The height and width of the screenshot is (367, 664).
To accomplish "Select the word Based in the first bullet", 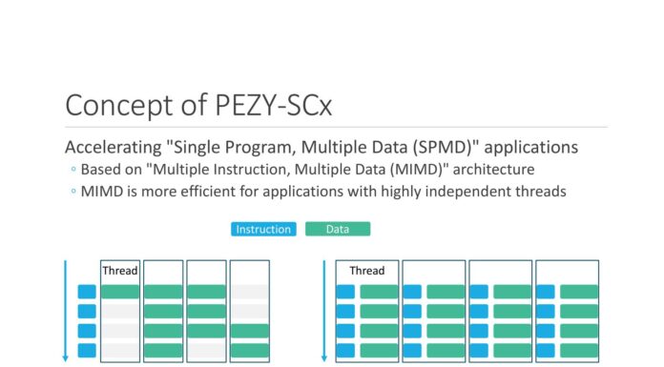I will point(101,170).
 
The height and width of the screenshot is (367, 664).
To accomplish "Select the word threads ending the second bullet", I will point(540,191).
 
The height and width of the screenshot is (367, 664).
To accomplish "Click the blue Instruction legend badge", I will point(263,229).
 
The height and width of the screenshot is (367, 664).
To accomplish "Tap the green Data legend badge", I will point(338,229).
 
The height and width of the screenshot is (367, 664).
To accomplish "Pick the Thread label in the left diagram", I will point(120,271).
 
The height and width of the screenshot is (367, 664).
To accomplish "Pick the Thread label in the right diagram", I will point(367,271).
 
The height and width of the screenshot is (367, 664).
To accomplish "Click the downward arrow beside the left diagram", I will point(66,310).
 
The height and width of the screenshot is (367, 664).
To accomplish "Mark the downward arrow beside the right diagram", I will point(323,310).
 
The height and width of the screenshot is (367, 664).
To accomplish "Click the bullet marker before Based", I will point(73,170).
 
